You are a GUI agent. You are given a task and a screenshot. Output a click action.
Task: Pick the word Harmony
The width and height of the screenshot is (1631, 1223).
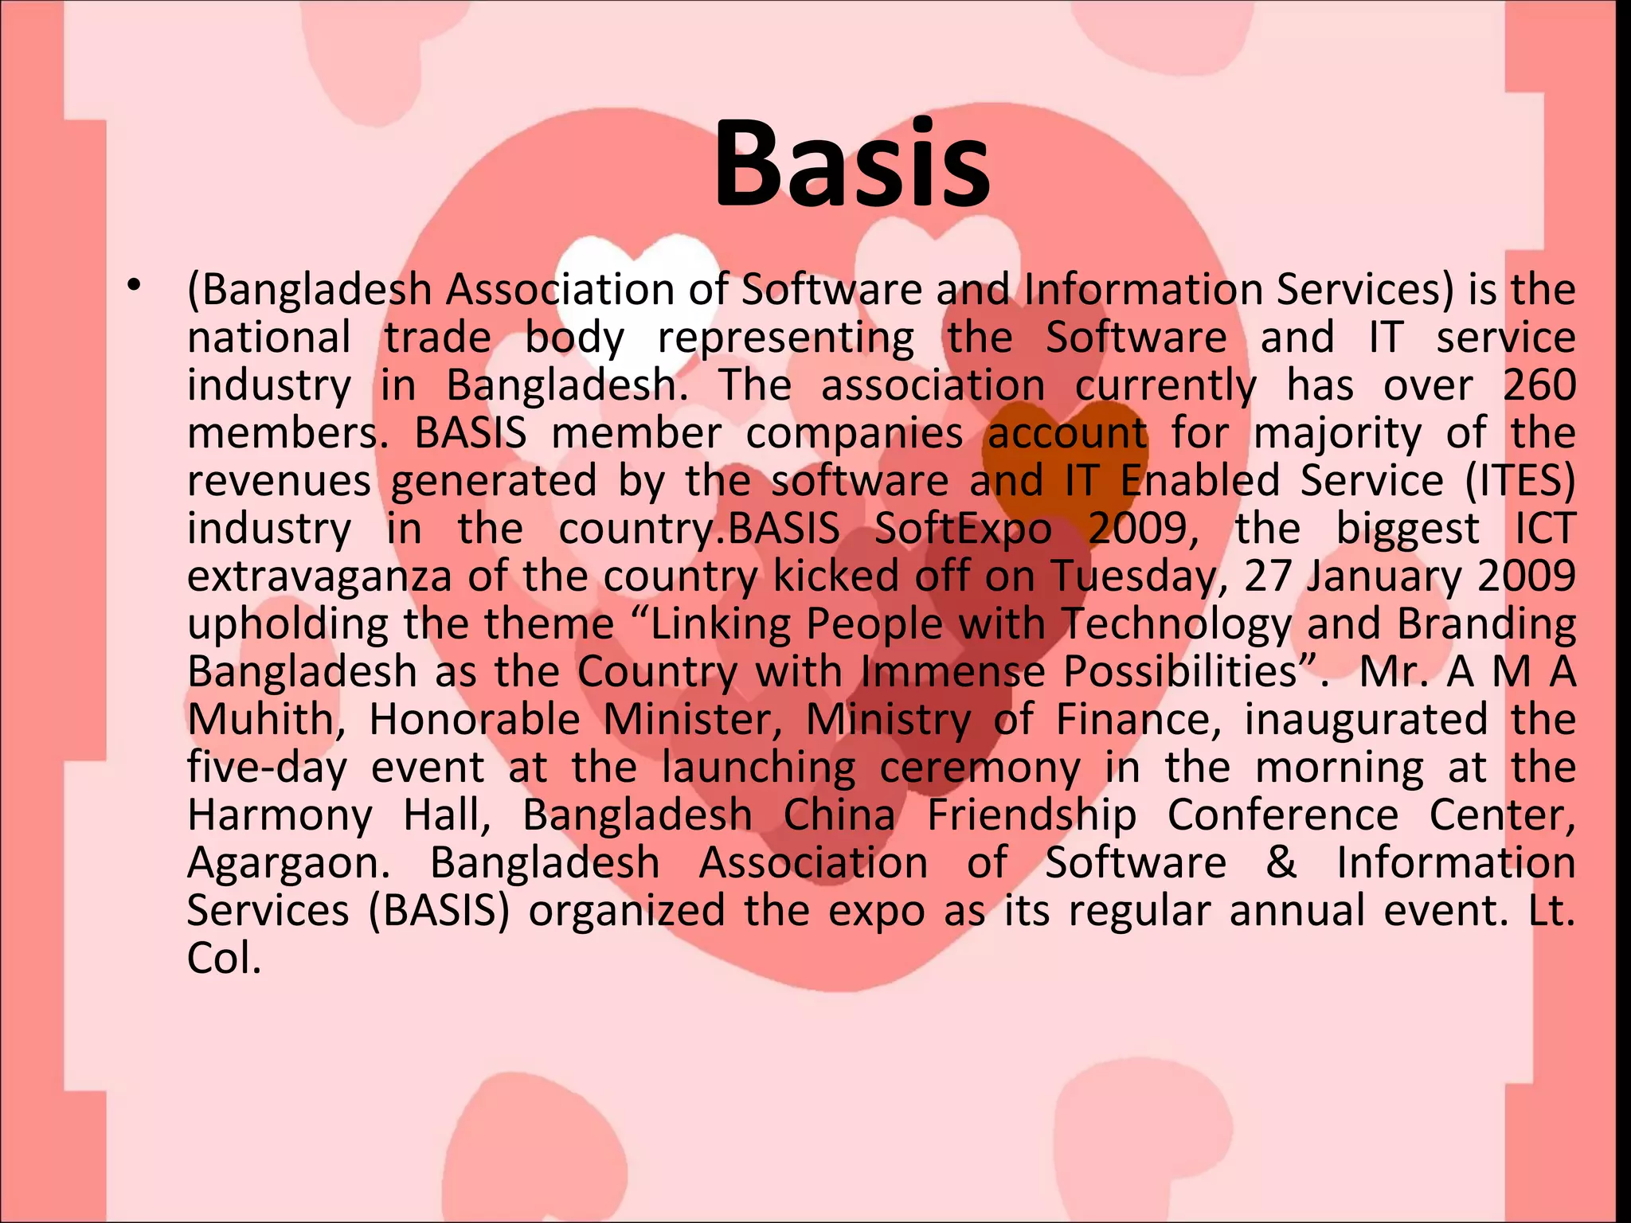point(280,815)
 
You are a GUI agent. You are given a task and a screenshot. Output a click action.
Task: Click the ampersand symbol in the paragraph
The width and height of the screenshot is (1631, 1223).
point(1281,863)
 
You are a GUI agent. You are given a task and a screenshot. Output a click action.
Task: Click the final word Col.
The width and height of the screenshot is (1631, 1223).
point(224,959)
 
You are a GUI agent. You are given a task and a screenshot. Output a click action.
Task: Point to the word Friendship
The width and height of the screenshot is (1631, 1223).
point(1031,816)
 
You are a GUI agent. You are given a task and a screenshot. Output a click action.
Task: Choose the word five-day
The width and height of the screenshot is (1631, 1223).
point(267,768)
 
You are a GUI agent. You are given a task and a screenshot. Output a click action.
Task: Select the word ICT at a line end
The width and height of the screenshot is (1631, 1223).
point(1544,529)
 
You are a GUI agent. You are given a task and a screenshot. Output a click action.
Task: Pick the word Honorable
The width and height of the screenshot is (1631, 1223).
point(475,720)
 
